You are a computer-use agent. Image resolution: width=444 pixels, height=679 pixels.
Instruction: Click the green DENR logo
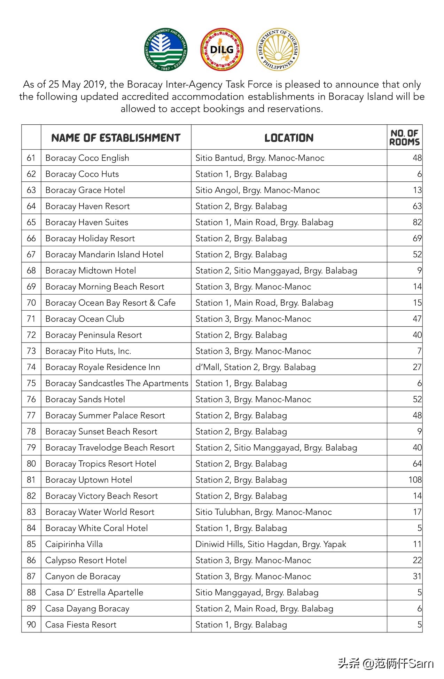[x=165, y=49]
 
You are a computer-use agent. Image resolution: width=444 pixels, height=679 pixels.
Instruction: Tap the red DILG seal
[x=222, y=49]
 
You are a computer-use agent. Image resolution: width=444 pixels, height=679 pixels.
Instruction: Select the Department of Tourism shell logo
[x=278, y=49]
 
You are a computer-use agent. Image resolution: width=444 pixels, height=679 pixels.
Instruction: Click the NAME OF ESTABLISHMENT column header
[x=116, y=138]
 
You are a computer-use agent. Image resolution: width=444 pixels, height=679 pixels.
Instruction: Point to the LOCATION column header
[x=289, y=138]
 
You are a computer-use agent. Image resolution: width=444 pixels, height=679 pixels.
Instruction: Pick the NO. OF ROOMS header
[x=404, y=138]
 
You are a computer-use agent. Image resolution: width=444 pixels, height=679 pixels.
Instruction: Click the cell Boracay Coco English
[x=87, y=158]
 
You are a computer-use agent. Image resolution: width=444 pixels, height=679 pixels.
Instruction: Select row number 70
[x=31, y=303]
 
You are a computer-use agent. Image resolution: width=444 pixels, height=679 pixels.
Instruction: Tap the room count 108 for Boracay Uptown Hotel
[x=415, y=480]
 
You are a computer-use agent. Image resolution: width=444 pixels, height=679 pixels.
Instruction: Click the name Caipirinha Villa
[x=74, y=544]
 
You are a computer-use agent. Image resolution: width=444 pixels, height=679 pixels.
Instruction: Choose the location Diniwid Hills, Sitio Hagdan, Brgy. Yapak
[x=271, y=544]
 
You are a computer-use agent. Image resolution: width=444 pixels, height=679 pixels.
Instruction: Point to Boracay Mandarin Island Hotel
[x=104, y=255]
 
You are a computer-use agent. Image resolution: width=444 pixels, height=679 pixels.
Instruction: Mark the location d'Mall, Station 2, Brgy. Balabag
[x=255, y=367]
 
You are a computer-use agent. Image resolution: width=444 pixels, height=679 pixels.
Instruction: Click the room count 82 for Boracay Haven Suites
[x=417, y=223]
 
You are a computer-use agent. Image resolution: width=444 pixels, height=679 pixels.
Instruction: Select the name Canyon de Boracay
[x=83, y=577]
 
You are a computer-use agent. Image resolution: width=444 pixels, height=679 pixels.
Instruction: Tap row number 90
[x=31, y=625]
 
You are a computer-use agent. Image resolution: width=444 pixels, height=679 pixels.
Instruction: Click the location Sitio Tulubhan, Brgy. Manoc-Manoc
[x=263, y=512]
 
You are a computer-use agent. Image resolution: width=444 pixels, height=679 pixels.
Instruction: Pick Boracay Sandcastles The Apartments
[x=116, y=383]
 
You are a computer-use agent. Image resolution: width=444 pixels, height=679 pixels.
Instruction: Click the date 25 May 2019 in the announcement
[x=78, y=85]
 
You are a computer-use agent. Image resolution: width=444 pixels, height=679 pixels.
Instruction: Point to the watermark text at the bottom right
[x=385, y=663]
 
